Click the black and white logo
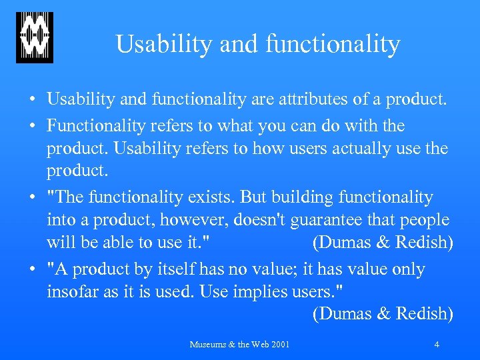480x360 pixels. tap(35, 37)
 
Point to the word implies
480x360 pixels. tap(260, 293)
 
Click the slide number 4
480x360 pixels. tap(436, 345)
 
